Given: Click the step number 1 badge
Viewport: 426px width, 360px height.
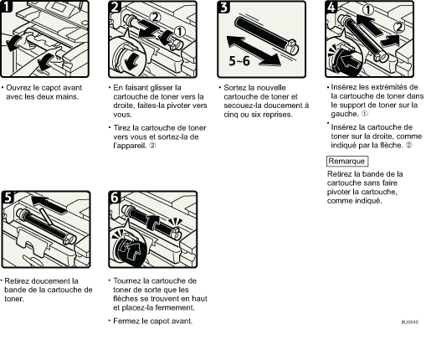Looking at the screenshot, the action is tap(6, 7).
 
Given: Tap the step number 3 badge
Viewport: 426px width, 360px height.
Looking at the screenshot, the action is tap(223, 7).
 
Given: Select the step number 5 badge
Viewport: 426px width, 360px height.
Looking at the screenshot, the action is tap(8, 198).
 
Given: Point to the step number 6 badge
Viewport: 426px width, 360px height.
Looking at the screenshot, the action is tap(115, 198).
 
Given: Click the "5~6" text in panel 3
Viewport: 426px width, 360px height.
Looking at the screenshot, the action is tap(239, 61).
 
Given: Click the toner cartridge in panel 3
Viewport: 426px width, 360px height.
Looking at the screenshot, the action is tap(266, 35).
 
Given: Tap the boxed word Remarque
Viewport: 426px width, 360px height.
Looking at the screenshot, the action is tap(347, 162).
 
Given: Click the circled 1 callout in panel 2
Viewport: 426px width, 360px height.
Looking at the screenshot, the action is tap(180, 32).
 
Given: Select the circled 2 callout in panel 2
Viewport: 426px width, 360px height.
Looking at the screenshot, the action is tap(155, 18).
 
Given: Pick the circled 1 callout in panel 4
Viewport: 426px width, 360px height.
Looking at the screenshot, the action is tap(368, 10).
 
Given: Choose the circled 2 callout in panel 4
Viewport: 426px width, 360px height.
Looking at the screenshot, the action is tap(399, 27).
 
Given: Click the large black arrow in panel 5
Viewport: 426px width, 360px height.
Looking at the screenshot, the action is tap(49, 203).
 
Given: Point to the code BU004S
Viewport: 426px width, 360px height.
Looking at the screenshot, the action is tap(410, 322).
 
